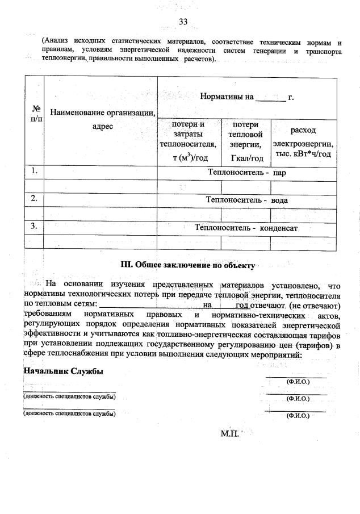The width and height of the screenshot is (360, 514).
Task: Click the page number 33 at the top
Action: point(183,22)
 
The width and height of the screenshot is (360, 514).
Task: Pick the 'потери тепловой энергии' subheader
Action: point(246,141)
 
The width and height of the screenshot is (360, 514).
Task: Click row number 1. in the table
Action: point(35,170)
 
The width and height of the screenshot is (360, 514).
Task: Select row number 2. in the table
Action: point(35,198)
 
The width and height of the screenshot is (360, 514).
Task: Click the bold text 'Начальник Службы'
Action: point(63,371)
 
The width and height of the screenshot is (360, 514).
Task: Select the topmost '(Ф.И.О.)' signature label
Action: point(298,382)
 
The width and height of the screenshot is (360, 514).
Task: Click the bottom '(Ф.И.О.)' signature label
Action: point(298,416)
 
